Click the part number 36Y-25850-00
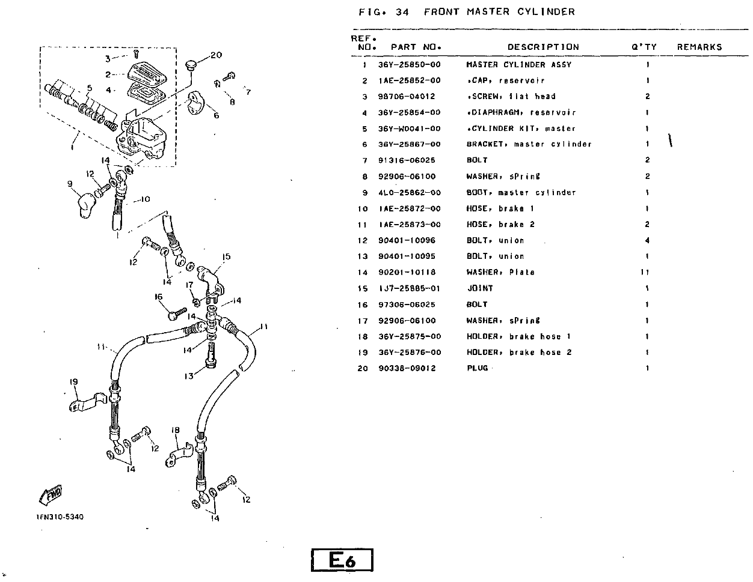tap(409, 65)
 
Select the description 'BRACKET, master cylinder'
tap(529, 145)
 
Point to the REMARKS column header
tap(699, 47)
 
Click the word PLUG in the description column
tap(478, 368)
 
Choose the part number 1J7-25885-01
tap(409, 288)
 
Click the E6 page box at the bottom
tap(342, 560)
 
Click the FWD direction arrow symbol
tap(51, 494)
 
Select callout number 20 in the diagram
tap(216, 55)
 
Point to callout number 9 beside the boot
tap(70, 184)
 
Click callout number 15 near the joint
tap(226, 257)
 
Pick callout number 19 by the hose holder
tap(74, 382)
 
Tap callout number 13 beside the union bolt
tap(189, 376)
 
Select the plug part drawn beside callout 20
tap(192, 64)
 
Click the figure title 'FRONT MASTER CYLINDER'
tap(499, 11)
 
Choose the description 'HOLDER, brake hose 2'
tap(518, 353)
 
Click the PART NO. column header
tap(416, 47)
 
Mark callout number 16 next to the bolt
tap(159, 297)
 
